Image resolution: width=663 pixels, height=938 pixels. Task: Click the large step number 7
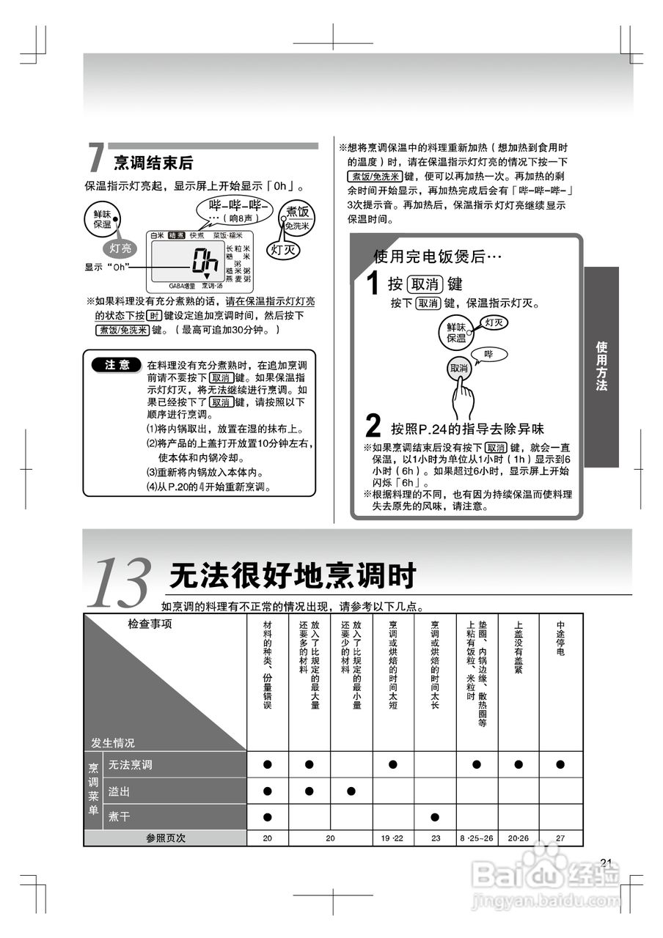click(95, 158)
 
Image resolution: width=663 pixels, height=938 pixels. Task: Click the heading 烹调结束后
click(153, 162)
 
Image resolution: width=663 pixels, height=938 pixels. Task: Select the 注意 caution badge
click(117, 365)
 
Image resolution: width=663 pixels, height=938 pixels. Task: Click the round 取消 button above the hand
click(459, 369)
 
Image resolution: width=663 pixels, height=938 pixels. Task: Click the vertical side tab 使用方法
click(601, 366)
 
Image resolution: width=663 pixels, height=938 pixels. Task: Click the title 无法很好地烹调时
click(292, 576)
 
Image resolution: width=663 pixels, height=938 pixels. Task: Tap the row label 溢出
click(120, 791)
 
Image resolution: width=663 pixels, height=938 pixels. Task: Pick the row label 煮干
click(120, 816)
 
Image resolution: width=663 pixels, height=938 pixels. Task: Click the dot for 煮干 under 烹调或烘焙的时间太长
click(435, 816)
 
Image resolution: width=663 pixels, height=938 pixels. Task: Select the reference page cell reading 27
click(560, 838)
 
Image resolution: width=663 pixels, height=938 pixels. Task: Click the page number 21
click(605, 862)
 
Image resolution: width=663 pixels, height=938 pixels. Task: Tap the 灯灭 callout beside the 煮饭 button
click(282, 249)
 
